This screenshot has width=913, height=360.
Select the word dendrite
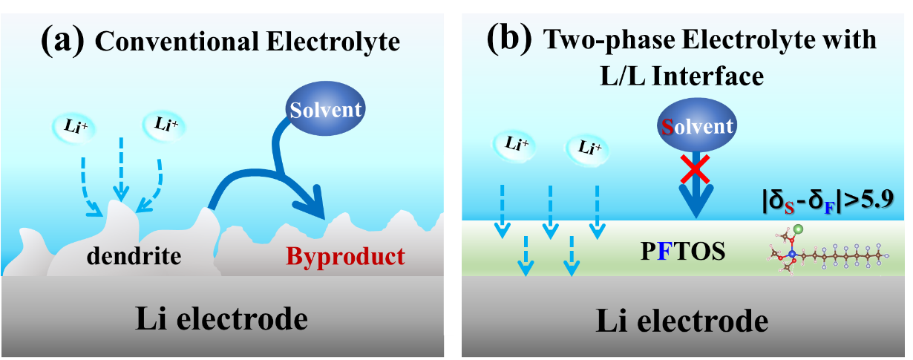point(134,257)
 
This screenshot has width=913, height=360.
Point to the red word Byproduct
point(345,257)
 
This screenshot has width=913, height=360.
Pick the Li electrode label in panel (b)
point(681,321)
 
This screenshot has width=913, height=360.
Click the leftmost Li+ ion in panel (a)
point(76,125)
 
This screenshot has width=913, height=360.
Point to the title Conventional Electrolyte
point(247,42)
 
